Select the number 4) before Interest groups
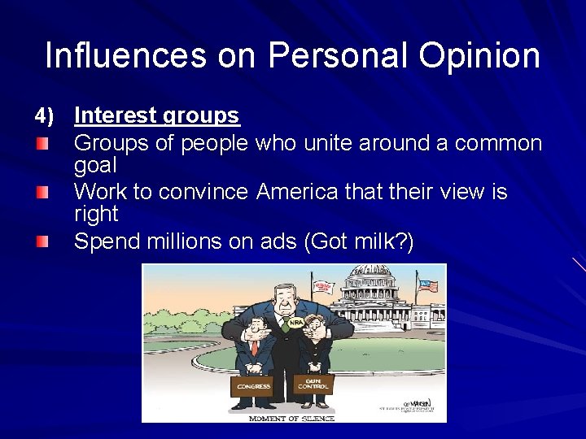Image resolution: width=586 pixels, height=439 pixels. point(44,116)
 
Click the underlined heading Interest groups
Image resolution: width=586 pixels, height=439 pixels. point(156,116)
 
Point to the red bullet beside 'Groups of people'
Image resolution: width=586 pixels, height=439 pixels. point(42,144)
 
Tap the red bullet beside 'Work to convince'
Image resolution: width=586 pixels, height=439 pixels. point(42,193)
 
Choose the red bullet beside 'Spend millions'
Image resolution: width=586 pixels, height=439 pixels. point(42,241)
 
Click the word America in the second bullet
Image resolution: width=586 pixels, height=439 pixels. point(292,193)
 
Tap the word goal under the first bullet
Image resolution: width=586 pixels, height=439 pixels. point(95,166)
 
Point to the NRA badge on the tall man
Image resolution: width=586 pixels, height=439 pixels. point(295,322)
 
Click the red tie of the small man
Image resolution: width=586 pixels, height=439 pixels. point(254,347)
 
